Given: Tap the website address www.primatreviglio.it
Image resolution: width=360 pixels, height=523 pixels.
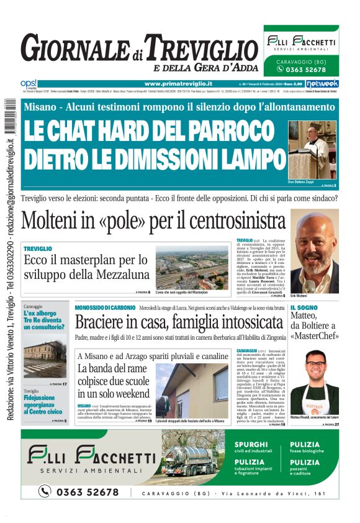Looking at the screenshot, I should click(x=178, y=83).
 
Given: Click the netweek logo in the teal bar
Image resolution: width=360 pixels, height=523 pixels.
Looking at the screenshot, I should click(x=322, y=83).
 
